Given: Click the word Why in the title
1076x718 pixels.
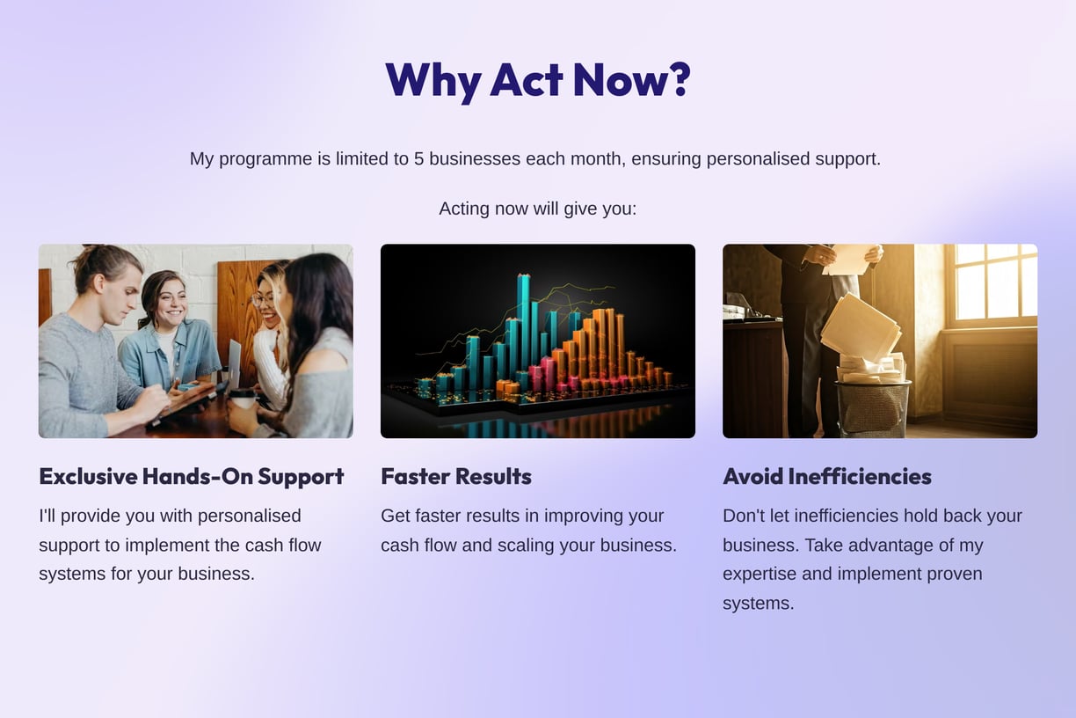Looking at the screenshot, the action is click(x=433, y=82).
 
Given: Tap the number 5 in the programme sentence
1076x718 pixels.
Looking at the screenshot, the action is click(x=418, y=158).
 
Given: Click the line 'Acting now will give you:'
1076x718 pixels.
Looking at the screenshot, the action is click(x=537, y=209).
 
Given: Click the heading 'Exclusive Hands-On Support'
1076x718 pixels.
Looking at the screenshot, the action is click(x=191, y=477).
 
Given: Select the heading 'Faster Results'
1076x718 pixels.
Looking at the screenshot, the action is click(x=456, y=477).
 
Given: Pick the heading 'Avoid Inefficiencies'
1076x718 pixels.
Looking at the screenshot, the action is click(x=826, y=477).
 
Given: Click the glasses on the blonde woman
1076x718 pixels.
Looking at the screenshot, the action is click(x=262, y=300).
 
